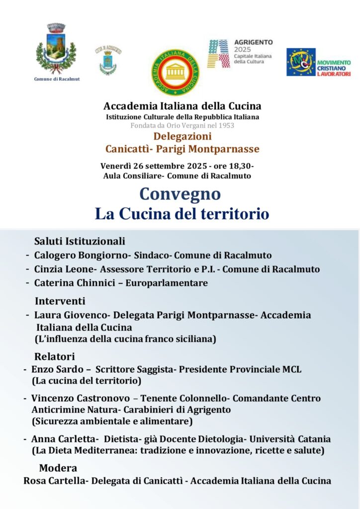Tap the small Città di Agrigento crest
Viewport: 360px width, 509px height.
(x=108, y=60)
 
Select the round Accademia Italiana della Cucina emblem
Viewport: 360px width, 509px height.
(x=175, y=73)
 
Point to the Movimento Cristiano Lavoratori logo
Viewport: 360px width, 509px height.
(x=318, y=62)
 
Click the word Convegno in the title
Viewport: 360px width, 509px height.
(x=180, y=194)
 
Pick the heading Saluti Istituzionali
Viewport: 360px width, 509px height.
(x=80, y=242)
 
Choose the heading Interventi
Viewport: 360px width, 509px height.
(x=60, y=301)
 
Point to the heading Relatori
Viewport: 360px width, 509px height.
(x=54, y=356)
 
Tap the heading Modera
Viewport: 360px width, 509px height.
(x=58, y=468)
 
